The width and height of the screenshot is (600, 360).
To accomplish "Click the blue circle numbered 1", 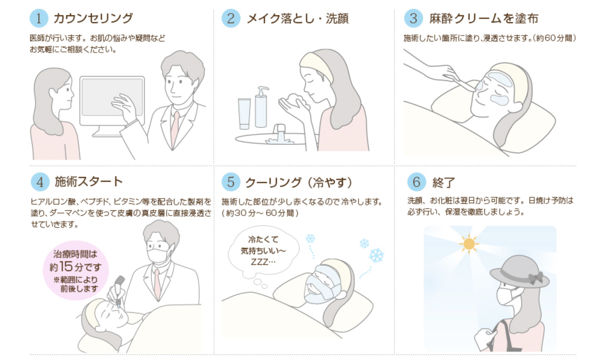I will pos(39,18).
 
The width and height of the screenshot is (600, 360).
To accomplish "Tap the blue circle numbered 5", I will pos(231,182).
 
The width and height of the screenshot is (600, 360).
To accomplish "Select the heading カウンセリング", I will pos(93,18).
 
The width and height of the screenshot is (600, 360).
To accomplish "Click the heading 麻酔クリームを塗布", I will pos(484,19).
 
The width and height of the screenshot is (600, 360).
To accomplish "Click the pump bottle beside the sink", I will pos(261,109).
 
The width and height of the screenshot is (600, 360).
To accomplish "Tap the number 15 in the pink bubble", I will pos(66,266).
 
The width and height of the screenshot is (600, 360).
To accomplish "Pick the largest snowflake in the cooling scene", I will pos(376,255).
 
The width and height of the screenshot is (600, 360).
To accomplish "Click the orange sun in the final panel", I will pos(469,244).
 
